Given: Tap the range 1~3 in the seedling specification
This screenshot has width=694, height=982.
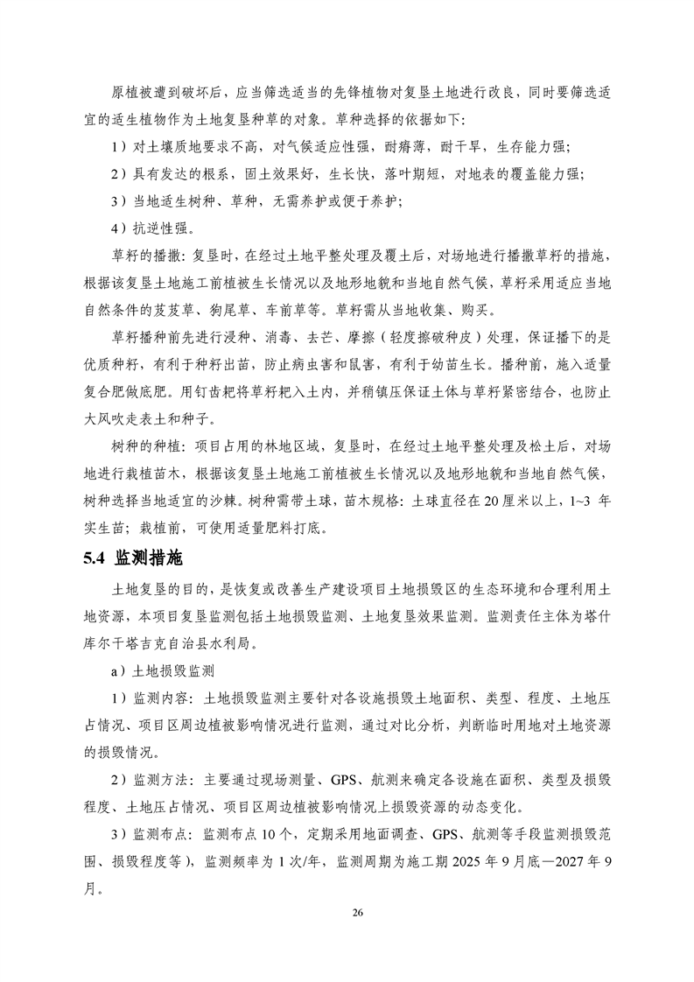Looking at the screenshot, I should point(570,505).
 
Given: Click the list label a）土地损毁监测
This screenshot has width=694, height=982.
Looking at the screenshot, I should point(165,672).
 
